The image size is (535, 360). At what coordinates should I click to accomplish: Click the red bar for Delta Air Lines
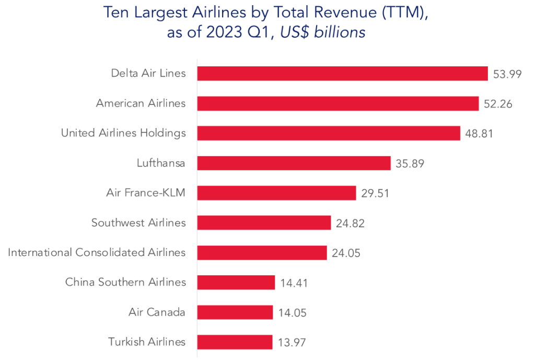342,74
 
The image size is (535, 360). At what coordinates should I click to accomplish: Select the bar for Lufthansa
294,163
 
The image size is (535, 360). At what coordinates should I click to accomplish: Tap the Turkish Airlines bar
235,342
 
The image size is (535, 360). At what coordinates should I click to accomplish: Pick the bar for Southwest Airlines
264,223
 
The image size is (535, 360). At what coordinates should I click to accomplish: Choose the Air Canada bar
235,312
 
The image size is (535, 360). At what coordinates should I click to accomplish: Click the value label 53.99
507,74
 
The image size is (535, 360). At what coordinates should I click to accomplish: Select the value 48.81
479,134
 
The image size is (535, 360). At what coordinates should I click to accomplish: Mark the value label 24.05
346,253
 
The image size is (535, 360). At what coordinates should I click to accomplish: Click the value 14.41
294,283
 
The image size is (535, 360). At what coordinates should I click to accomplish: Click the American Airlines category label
141,103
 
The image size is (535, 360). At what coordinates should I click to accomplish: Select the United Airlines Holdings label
123,133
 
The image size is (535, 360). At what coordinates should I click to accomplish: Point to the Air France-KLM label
145,193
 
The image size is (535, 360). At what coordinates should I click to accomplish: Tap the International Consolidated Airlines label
97,253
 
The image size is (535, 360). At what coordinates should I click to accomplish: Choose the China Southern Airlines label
125,283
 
